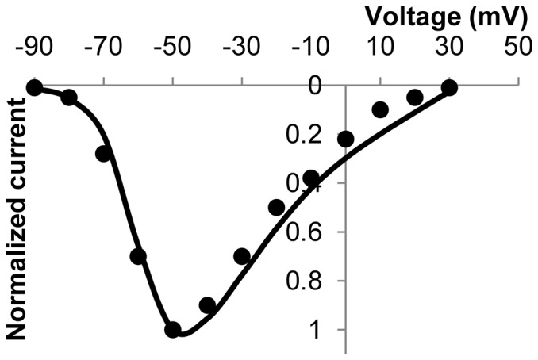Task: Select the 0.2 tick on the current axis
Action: tap(306, 135)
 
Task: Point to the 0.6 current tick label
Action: tap(306, 232)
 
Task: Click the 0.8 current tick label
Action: tap(306, 281)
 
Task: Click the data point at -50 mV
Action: tap(172, 329)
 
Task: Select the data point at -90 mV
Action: tap(33, 87)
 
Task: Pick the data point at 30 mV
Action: tap(449, 87)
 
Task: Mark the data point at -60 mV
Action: tap(138, 256)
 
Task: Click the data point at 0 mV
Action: tap(345, 140)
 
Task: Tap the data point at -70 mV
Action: tap(103, 154)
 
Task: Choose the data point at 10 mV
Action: tap(380, 109)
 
